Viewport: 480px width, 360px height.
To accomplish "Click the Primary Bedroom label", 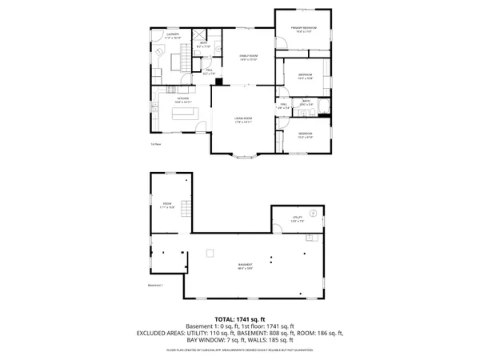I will pyautogui.click(x=303, y=29).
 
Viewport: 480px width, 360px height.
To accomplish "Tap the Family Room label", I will pyautogui.click(x=248, y=56).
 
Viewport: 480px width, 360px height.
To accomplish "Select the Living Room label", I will pyautogui.click(x=243, y=120).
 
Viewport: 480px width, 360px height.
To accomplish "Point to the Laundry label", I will pyautogui.click(x=172, y=34).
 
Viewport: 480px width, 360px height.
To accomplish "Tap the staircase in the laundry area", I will pyautogui.click(x=182, y=57).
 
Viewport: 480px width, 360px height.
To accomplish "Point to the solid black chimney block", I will pyautogui.click(x=218, y=81).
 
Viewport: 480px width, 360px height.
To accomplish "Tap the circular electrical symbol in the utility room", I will pyautogui.click(x=314, y=212).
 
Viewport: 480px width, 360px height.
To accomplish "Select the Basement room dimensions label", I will pyautogui.click(x=245, y=268).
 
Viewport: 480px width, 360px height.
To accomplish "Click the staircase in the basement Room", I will pyautogui.click(x=186, y=210).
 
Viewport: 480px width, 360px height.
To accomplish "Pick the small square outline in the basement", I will pyautogui.click(x=210, y=254).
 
